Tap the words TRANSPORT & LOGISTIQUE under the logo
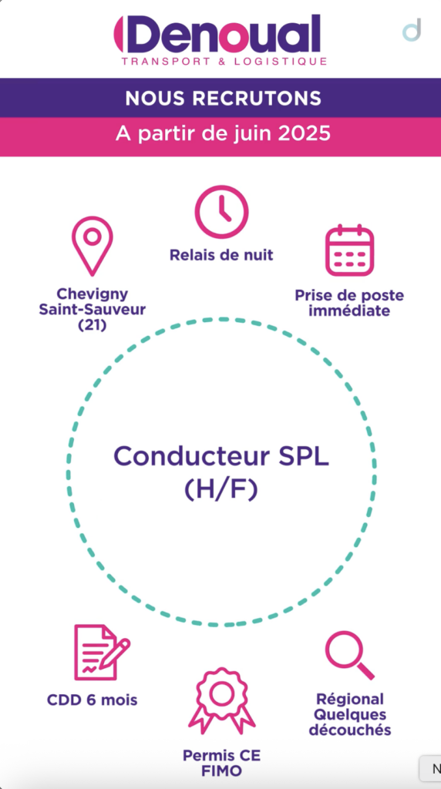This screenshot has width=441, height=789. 224,62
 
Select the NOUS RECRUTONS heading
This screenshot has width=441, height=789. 223,98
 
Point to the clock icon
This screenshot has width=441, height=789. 221,212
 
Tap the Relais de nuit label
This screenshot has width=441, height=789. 221,255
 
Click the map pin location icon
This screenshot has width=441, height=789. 92,246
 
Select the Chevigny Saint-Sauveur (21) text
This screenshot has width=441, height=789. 92,310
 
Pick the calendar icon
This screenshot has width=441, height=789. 349,250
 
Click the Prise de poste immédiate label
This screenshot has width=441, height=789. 349,303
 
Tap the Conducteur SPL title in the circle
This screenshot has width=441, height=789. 221,456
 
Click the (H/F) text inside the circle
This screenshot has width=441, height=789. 221,489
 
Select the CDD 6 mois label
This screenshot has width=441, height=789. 92,700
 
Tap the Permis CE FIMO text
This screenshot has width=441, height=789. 221,763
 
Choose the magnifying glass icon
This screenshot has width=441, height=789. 350,655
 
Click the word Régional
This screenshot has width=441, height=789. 350,699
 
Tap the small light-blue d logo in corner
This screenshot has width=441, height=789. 412,30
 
